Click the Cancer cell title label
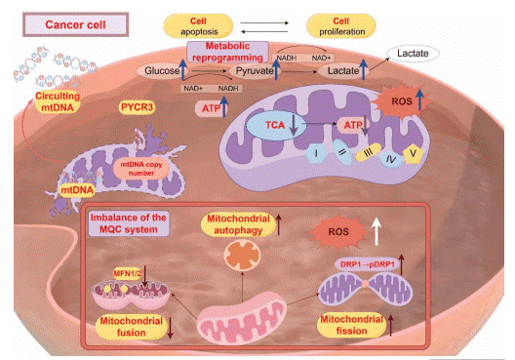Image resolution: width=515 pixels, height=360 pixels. pos(62,20)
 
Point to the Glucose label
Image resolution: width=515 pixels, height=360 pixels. pos(164,71)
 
